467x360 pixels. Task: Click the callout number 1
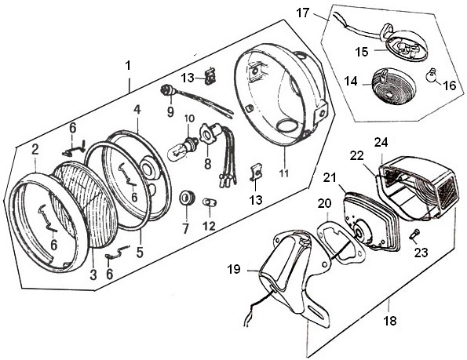(128, 66)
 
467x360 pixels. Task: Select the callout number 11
(284, 173)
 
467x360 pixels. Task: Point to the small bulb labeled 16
(430, 74)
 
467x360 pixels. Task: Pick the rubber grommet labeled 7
(187, 198)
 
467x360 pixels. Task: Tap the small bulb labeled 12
(209, 202)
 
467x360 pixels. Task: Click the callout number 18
(390, 321)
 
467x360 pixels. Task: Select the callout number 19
(234, 269)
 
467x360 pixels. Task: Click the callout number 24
(381, 142)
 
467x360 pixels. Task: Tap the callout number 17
(303, 13)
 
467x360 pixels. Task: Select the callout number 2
(35, 149)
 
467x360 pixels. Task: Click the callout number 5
(140, 252)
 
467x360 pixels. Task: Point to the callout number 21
(330, 177)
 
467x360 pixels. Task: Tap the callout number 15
(361, 52)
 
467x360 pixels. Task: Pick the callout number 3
(93, 275)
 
